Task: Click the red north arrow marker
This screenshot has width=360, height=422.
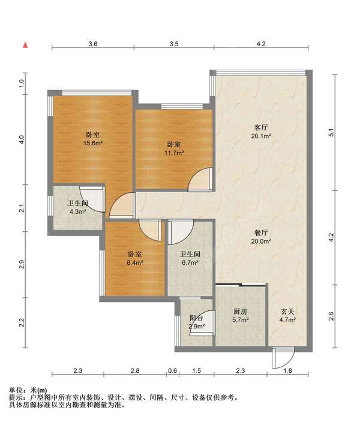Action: pyautogui.click(x=25, y=45)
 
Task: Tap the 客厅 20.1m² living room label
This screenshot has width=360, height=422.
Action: pyautogui.click(x=261, y=131)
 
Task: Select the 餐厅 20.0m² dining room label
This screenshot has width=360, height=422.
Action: pyautogui.click(x=261, y=237)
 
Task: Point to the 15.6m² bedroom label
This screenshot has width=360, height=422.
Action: pyautogui.click(x=93, y=139)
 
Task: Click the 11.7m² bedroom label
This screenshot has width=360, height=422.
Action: pyautogui.click(x=174, y=149)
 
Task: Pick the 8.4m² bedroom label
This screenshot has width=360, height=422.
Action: pyautogui.click(x=134, y=258)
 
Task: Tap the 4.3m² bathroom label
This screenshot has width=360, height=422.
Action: pyautogui.click(x=77, y=207)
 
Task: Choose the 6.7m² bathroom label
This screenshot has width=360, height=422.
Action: pyautogui.click(x=190, y=258)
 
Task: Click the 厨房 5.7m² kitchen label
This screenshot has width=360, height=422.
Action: pyautogui.click(x=240, y=316)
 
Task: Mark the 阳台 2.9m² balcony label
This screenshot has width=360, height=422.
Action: pyautogui.click(x=196, y=322)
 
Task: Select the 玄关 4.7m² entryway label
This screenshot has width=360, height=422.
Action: pyautogui.click(x=287, y=316)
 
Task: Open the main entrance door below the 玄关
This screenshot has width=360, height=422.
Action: pyautogui.click(x=283, y=358)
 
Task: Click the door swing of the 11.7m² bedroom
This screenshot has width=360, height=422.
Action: pyautogui.click(x=200, y=179)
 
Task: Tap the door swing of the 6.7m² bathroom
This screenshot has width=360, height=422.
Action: pyautogui.click(x=181, y=232)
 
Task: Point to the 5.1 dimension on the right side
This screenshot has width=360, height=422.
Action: pyautogui.click(x=331, y=133)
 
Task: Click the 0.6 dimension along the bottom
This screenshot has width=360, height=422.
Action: pyautogui.click(x=172, y=370)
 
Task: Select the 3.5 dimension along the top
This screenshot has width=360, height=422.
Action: pyautogui.click(x=174, y=44)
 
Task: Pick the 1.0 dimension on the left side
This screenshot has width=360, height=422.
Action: pyautogui.click(x=22, y=83)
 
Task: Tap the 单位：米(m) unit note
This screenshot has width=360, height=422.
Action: pyautogui.click(x=28, y=390)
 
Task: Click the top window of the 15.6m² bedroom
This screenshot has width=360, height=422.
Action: pyautogui.click(x=97, y=93)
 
